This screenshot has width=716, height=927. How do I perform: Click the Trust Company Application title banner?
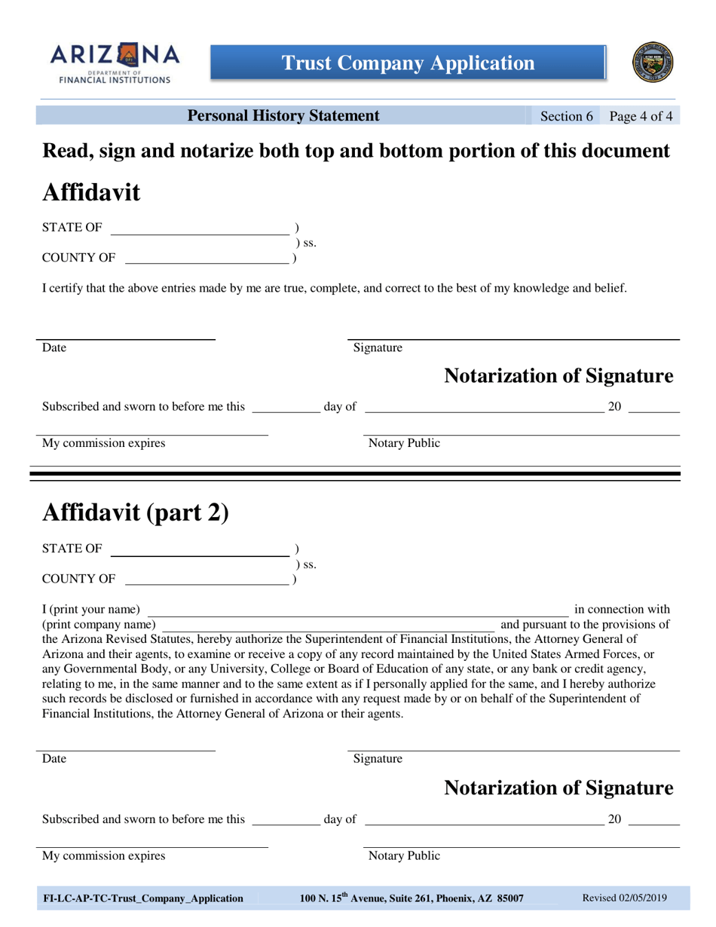tap(408, 63)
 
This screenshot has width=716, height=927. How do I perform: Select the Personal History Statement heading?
tap(283, 116)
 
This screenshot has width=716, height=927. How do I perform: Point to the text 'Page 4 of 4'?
tap(641, 116)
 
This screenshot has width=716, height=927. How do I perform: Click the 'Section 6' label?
tap(567, 116)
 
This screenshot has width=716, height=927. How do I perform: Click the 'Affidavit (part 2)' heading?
tap(135, 512)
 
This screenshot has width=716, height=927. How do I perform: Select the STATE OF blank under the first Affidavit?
tap(200, 229)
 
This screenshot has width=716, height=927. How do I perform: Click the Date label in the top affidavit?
tap(54, 348)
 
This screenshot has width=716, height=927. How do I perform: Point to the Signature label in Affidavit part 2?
tap(378, 759)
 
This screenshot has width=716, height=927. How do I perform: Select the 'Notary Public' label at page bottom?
tap(404, 855)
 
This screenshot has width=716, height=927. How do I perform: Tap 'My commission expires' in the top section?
tap(103, 443)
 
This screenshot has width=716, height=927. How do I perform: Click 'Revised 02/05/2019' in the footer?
tap(625, 898)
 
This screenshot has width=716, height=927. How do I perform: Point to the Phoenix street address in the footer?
tap(412, 898)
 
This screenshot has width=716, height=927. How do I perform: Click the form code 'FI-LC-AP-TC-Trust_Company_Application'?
tap(143, 898)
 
